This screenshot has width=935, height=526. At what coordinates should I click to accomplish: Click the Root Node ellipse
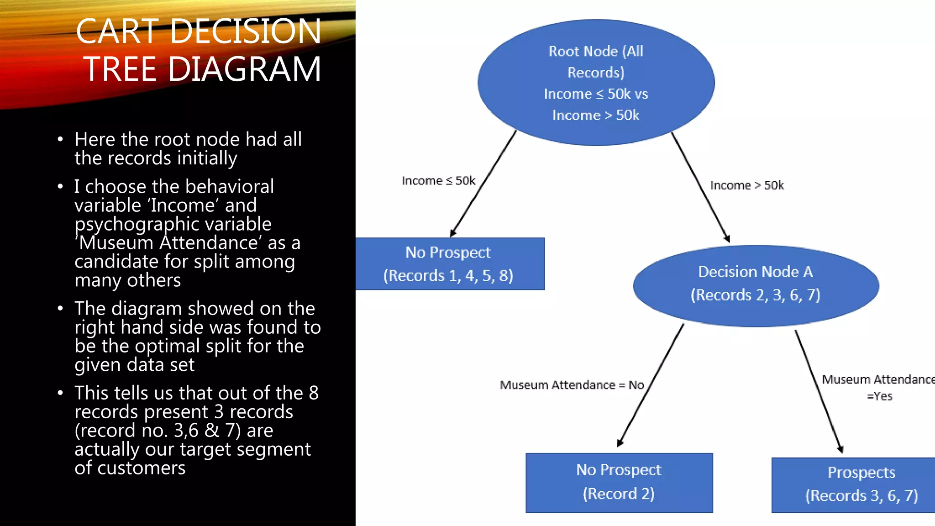pyautogui.click(x=596, y=82)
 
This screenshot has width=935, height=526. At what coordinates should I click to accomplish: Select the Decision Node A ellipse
pyautogui.click(x=756, y=285)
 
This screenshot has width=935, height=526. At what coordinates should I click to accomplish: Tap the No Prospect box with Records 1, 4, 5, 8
pyautogui.click(x=450, y=264)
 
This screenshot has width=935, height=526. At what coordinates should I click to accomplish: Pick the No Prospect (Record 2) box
pyautogui.click(x=619, y=483)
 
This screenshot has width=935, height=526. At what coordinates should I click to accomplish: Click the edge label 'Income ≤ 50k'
pyautogui.click(x=438, y=181)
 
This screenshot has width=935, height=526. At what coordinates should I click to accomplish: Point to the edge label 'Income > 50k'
pyautogui.click(x=747, y=185)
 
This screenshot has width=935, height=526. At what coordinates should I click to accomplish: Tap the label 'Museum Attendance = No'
pyautogui.click(x=572, y=385)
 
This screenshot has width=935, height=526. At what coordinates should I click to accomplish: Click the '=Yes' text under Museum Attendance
pyautogui.click(x=879, y=396)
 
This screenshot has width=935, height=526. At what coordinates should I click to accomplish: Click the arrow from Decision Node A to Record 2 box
pyautogui.click(x=651, y=385)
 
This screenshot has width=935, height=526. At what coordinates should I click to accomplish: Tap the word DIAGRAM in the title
pyautogui.click(x=245, y=69)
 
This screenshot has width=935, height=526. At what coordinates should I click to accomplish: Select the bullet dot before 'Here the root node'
pyautogui.click(x=60, y=140)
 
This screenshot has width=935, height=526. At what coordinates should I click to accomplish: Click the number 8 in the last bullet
pyautogui.click(x=314, y=393)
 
